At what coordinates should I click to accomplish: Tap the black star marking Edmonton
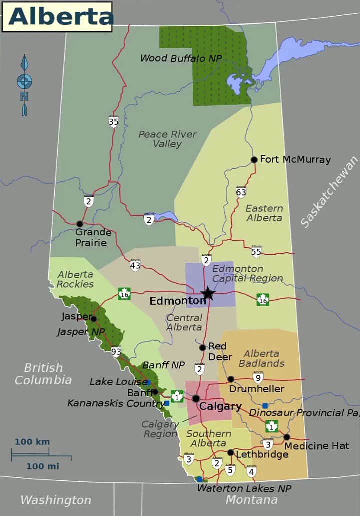[x=208, y=293]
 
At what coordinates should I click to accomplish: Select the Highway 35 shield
[x=114, y=121]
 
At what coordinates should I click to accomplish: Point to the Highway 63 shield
[x=241, y=191]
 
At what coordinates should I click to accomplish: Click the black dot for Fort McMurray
[x=254, y=160]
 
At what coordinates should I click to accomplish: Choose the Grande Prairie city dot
[x=79, y=224]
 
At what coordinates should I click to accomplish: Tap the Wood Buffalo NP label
[x=181, y=58]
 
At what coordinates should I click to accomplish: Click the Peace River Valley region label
[x=167, y=139]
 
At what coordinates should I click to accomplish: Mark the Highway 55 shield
[x=256, y=251]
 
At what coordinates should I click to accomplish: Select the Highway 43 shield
[x=135, y=265]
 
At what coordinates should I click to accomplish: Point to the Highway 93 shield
[x=116, y=351]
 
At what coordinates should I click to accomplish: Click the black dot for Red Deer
[x=202, y=348]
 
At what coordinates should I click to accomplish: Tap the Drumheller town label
[x=256, y=389]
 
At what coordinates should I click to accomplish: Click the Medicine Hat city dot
[x=287, y=437]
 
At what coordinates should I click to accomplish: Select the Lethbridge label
[x=262, y=454]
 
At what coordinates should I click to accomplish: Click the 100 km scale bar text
[x=32, y=442]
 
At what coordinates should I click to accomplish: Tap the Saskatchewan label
[x=329, y=192]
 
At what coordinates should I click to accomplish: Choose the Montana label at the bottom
[x=251, y=500]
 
